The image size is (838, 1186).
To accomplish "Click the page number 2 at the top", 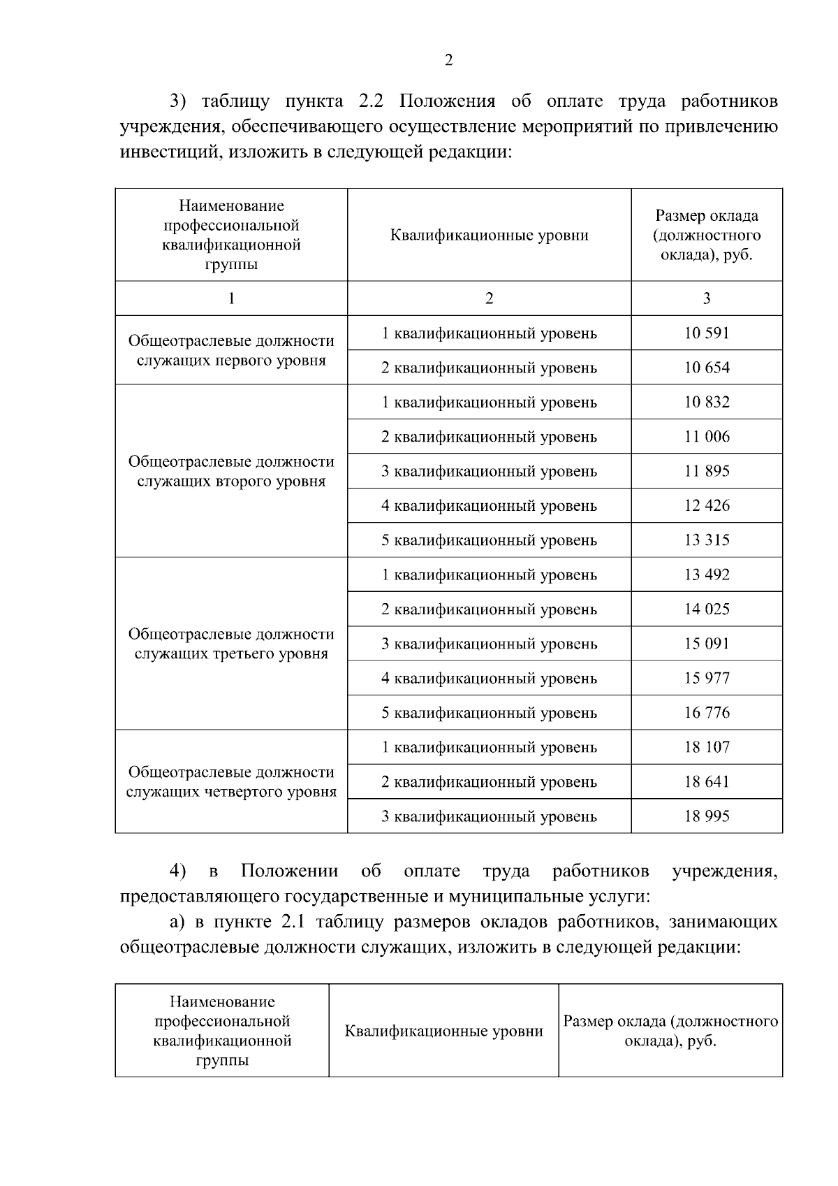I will coord(448,60).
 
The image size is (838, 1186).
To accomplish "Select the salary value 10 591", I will coord(706,333).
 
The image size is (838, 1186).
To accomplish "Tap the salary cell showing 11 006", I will coord(706,437).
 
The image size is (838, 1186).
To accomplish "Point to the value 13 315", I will coord(706,540).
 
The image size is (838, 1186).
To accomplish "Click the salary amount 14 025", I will coord(706,609).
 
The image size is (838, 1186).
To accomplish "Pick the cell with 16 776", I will coord(706,713).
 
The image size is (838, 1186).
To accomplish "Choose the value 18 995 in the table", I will coord(706,816).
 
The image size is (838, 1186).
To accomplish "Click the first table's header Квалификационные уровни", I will coord(489,236).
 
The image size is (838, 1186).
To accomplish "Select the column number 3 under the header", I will coord(706,298).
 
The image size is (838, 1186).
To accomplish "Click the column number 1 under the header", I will coord(231,298).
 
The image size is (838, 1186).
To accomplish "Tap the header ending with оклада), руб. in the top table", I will coord(706,236).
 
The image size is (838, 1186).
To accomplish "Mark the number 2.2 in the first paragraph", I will coord(372,101).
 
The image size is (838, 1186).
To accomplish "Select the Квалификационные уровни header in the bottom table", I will coord(443,1031).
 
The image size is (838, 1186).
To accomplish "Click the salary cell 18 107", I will coord(706,747).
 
